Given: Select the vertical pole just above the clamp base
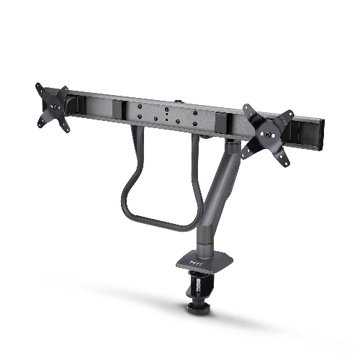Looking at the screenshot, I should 202,241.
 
